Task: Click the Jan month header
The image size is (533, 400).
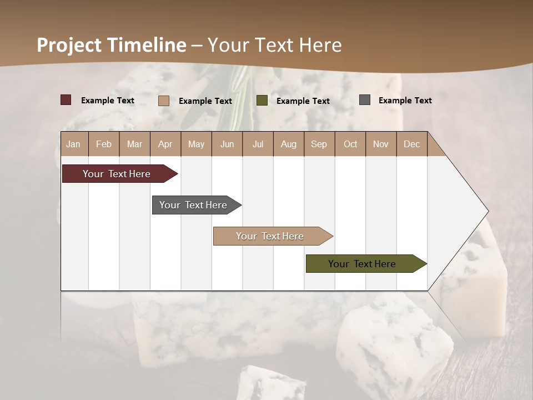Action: (x=74, y=144)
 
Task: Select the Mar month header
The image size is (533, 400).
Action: (x=134, y=144)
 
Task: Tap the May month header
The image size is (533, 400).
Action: (x=196, y=144)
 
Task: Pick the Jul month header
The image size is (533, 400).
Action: (x=258, y=144)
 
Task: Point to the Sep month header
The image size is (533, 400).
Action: (x=319, y=144)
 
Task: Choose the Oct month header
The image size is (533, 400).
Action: (x=350, y=144)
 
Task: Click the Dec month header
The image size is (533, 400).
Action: (x=411, y=144)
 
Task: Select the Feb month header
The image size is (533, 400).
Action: (x=104, y=144)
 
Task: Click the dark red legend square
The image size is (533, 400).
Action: (x=66, y=100)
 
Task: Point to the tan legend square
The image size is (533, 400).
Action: (x=164, y=101)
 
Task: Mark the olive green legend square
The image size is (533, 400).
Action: (x=262, y=101)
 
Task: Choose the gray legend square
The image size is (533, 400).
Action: (x=365, y=100)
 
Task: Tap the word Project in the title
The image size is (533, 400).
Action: (x=69, y=45)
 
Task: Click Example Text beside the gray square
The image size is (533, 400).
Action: (x=405, y=101)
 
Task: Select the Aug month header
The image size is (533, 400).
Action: (x=288, y=144)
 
